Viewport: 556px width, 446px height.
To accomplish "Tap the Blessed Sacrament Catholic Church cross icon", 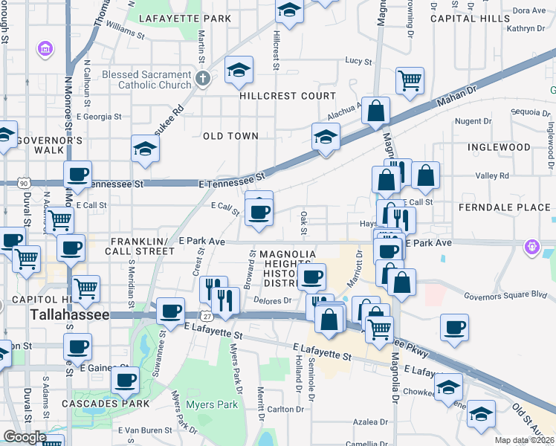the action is coord(202,77).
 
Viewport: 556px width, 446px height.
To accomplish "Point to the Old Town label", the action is coord(231,136).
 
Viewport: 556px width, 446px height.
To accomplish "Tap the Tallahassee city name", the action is coord(70,315).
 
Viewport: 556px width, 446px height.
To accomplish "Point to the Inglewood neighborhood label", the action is coord(499,147).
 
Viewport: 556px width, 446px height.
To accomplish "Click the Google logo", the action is coord(24,437).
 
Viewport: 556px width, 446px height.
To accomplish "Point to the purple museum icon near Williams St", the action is coord(45,50).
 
